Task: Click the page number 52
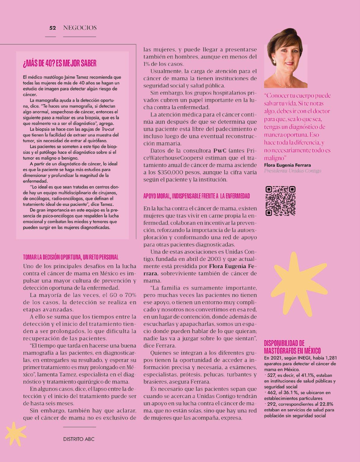[53, 28]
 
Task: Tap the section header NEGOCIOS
[80, 28]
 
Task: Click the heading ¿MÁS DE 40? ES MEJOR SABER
[60, 64]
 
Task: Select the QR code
[280, 201]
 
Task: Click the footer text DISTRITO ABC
[79, 439]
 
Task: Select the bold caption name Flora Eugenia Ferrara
[287, 165]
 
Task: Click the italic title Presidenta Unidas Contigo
[293, 171]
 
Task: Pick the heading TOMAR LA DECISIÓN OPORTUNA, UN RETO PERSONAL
[71, 257]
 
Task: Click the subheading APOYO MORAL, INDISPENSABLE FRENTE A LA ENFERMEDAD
[197, 196]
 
